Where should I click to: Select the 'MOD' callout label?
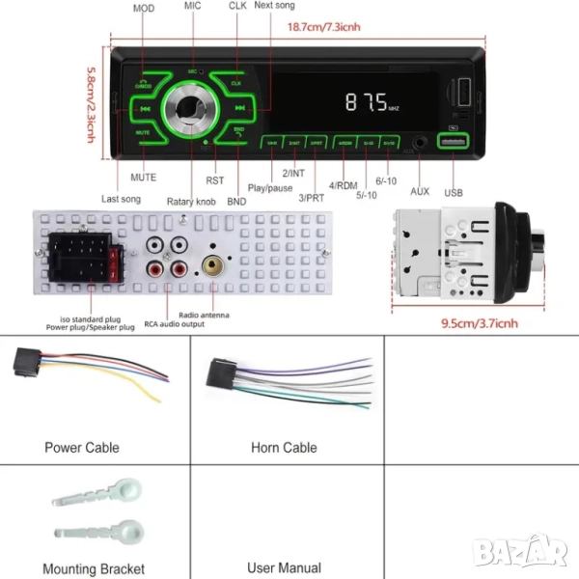click(x=144, y=8)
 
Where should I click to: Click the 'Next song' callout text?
click(x=275, y=6)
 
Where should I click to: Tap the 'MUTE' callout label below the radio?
click(x=144, y=177)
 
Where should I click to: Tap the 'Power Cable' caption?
click(x=82, y=448)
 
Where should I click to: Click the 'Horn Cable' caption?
click(x=284, y=448)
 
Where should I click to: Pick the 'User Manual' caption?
click(x=285, y=568)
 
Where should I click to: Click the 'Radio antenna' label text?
click(x=205, y=314)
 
